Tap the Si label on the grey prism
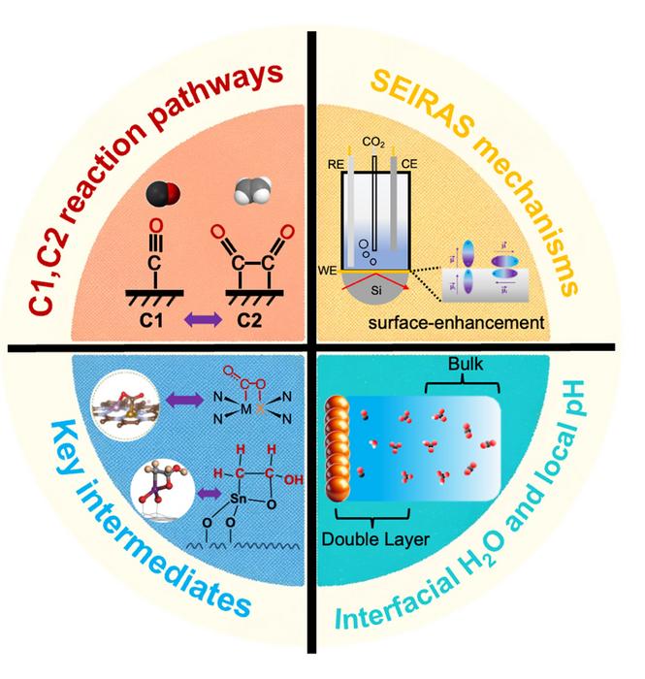(384, 291)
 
